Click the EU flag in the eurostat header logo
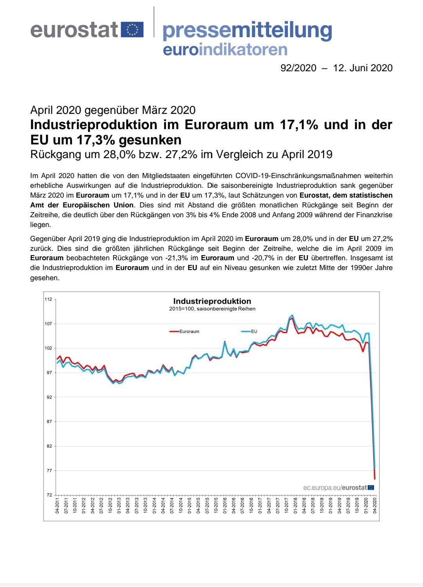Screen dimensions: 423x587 [132, 29]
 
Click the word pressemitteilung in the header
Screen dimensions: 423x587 [247, 31]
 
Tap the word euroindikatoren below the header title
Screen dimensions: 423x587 [225, 50]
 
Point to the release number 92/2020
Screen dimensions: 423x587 [298, 68]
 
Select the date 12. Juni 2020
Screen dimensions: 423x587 [363, 68]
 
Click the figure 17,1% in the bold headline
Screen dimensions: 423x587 [299, 125]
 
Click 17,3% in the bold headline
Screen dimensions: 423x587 [96, 140]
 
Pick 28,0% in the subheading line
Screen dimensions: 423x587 [119, 154]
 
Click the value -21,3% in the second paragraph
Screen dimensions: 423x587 [177, 258]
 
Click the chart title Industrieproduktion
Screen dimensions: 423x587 [212, 301]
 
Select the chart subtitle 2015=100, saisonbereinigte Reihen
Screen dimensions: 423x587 [212, 309]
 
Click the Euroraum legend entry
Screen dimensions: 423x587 [184, 331]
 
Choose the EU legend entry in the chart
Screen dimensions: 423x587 [249, 331]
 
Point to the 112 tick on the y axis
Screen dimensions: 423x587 [49, 299]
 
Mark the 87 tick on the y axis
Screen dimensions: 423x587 [49, 421]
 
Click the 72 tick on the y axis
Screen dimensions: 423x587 [49, 495]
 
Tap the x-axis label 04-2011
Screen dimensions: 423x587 [57, 506]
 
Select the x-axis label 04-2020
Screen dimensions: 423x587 [374, 506]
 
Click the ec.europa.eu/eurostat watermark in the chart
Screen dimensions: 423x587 [338, 488]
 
